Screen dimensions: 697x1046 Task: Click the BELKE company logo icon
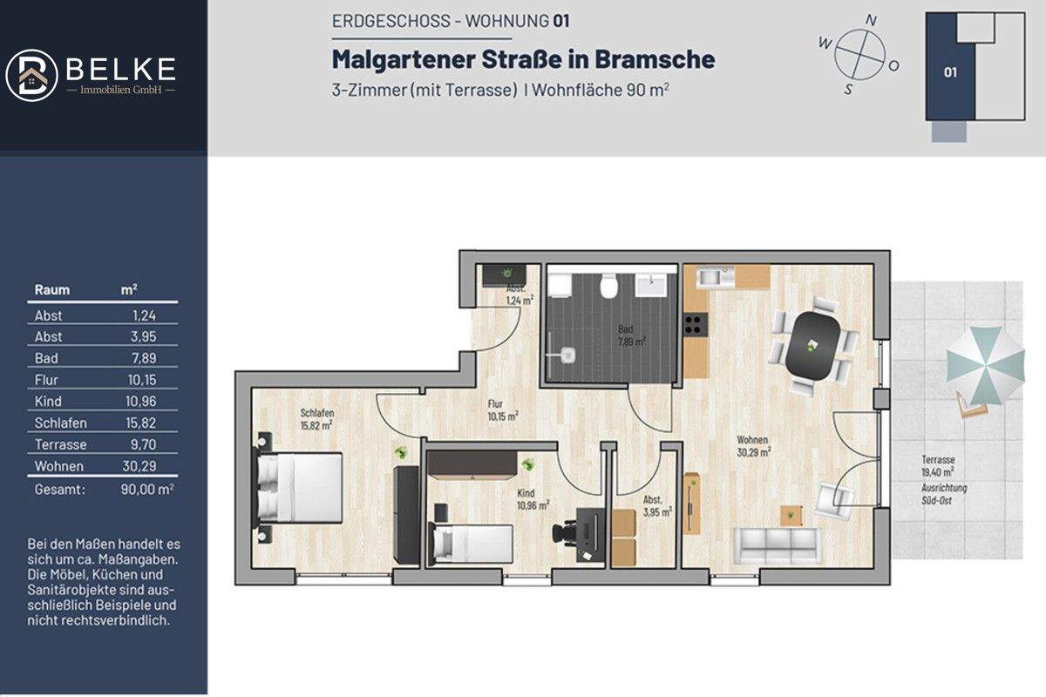click(x=31, y=73)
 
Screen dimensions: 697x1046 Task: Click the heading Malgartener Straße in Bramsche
click(x=523, y=59)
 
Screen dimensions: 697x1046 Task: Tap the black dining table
click(x=816, y=345)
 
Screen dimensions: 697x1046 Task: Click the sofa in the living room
click(x=777, y=545)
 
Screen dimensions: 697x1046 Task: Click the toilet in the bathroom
click(x=610, y=286)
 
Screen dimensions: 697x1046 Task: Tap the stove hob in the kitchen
click(x=694, y=324)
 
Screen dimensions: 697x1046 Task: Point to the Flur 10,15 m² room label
click(x=503, y=409)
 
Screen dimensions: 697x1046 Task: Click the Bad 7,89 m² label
click(x=626, y=335)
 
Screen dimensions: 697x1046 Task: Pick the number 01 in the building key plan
click(x=950, y=72)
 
